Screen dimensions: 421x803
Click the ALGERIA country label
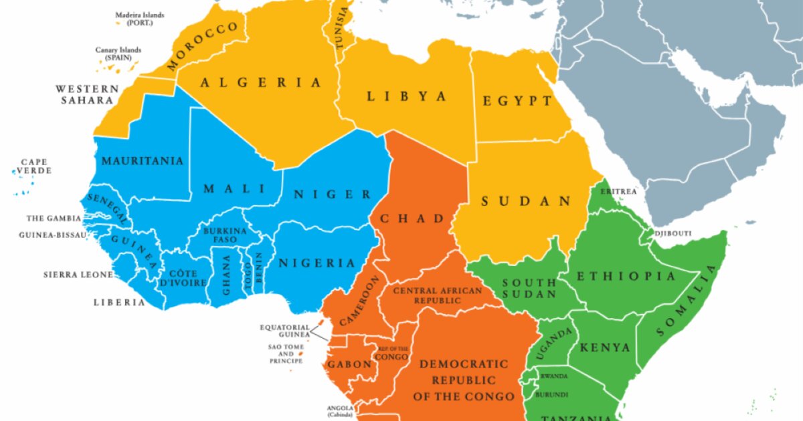261,83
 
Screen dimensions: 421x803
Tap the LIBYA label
406,96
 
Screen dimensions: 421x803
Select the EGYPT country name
518,102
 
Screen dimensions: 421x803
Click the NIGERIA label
317,263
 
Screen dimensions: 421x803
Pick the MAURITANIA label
142,161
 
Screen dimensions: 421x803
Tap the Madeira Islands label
139,19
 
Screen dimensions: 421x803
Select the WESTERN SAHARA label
87,94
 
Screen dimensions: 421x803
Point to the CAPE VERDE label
34,166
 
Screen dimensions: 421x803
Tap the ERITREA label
618,192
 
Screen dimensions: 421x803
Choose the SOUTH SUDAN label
529,289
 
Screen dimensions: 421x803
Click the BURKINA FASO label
225,235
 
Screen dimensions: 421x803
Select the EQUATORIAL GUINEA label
284,331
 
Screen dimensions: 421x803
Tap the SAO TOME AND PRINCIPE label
286,354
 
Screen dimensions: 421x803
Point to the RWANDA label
554,376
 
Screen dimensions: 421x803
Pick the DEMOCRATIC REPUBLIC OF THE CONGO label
464,380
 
